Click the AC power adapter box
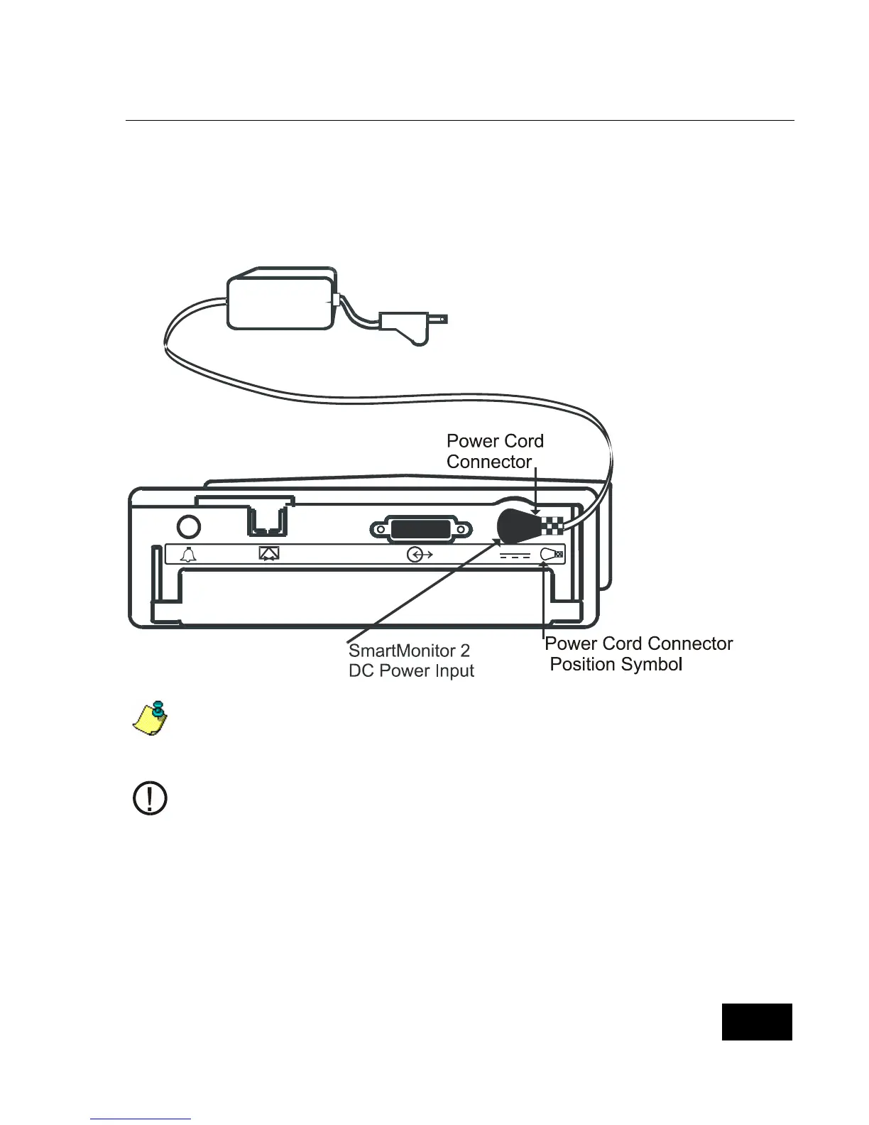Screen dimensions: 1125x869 280,302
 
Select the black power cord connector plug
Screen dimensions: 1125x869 519,526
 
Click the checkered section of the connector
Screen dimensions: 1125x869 553,526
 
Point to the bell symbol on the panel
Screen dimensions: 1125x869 188,555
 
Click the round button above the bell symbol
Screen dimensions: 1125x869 188,526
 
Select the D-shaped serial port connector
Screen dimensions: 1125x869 421,530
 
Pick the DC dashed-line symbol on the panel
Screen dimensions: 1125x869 515,555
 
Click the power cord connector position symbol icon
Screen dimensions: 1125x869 552,555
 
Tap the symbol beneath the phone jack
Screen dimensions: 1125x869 269,554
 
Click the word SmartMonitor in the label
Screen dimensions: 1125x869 402,651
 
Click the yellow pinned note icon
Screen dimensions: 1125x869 151,717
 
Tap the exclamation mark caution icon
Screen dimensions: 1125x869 151,798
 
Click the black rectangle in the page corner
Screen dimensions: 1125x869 757,1022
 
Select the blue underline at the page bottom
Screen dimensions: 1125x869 141,1119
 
